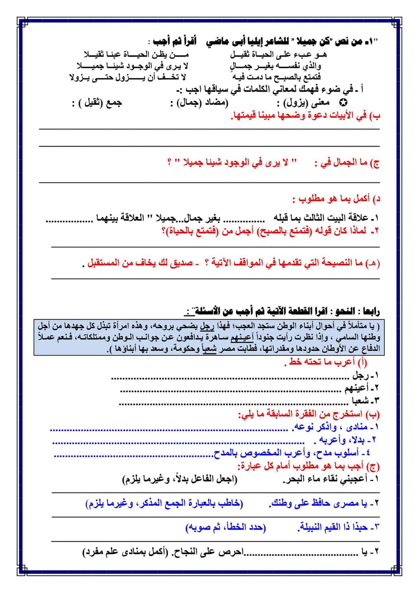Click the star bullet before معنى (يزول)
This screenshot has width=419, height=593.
point(343,103)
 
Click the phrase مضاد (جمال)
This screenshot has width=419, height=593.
point(199,103)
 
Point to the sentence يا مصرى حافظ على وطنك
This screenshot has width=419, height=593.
point(324,503)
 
